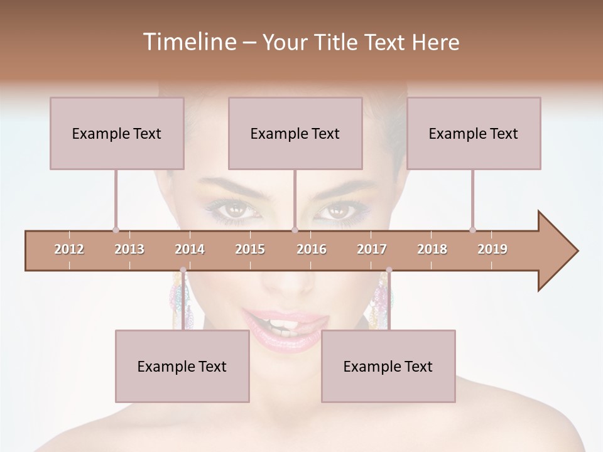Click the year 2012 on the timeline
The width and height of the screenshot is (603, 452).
click(69, 249)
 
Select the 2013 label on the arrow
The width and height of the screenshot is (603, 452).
click(129, 249)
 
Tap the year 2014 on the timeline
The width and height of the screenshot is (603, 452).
click(190, 249)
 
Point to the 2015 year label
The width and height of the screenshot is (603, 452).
click(250, 249)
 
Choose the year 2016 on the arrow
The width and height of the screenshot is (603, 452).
click(312, 249)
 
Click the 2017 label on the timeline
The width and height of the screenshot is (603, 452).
click(372, 249)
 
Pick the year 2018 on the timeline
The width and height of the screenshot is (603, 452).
click(432, 249)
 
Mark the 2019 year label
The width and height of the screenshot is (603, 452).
click(492, 249)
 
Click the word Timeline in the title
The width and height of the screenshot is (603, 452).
click(188, 42)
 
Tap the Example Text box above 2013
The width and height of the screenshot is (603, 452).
click(117, 133)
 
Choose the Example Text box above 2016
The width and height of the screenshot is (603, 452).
click(295, 133)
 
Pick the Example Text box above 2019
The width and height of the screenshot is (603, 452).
click(474, 133)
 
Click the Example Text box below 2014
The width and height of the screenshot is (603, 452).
click(182, 366)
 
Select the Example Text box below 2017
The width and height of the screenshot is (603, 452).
click(388, 366)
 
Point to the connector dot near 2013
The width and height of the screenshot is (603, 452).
click(116, 230)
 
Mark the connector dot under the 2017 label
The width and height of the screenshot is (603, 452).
click(389, 270)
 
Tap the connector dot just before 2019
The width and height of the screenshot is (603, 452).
click(472, 230)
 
